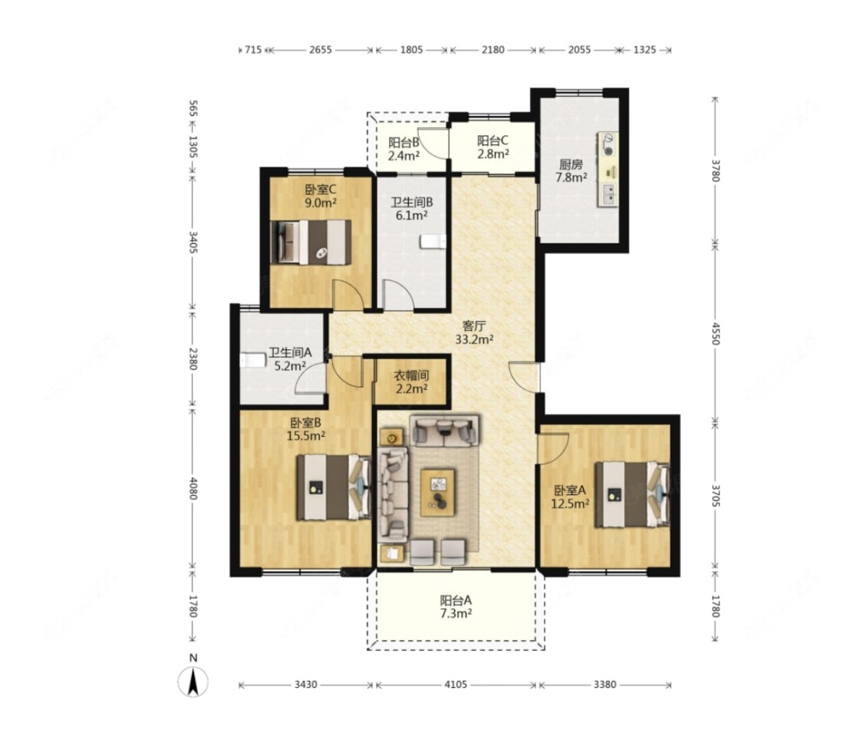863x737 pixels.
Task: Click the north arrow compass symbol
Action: (x=193, y=681)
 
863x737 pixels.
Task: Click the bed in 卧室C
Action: (x=311, y=243)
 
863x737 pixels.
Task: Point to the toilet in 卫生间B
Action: (x=432, y=242)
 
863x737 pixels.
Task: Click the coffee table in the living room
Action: (x=437, y=492)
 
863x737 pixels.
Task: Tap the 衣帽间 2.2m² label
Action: (x=412, y=382)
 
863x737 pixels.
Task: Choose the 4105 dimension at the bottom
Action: (x=456, y=685)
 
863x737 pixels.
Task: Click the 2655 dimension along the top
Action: (x=321, y=50)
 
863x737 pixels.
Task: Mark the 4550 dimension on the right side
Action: (x=715, y=333)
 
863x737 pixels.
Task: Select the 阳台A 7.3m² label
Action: (x=456, y=606)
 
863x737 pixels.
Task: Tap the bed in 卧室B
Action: (x=334, y=487)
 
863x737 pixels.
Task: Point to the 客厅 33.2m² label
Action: (x=474, y=332)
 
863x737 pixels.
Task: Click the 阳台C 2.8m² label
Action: (x=492, y=147)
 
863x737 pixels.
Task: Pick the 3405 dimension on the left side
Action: (x=193, y=243)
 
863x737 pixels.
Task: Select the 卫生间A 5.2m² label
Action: (x=290, y=359)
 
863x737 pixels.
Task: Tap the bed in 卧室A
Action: (x=632, y=494)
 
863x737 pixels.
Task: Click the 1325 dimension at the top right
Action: (x=644, y=50)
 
